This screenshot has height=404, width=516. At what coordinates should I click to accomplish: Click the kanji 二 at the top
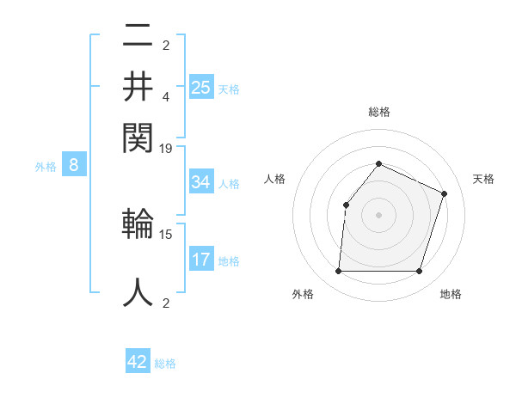138,37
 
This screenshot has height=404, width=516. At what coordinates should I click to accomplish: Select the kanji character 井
138,85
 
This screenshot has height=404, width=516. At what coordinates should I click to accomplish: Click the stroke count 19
166,148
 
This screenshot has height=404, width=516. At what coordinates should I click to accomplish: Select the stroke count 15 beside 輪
166,233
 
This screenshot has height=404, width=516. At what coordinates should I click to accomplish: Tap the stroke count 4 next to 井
166,98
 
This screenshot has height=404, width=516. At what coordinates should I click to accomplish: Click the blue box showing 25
201,87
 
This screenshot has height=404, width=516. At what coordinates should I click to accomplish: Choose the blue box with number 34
201,182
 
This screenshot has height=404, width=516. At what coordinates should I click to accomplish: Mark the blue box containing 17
201,260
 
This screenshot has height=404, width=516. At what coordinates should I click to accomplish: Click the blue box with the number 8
74,166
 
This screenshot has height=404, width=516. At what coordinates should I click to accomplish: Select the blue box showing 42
138,362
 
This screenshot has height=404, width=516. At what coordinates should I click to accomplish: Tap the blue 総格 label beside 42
165,364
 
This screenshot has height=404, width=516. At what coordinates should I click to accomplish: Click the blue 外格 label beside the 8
46,168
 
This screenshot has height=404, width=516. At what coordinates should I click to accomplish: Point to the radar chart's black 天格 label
484,179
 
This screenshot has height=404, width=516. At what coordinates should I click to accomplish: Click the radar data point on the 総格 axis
378,163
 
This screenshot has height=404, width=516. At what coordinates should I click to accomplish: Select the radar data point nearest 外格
338,272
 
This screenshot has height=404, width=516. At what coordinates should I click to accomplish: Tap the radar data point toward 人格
346,205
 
